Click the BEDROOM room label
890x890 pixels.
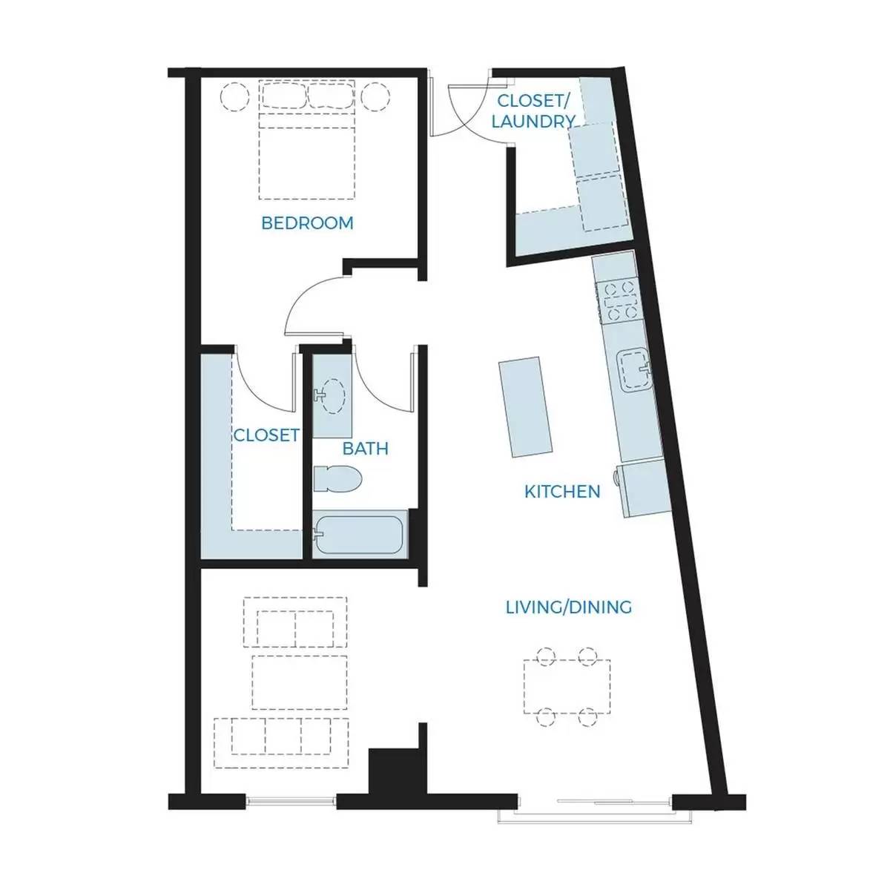pyautogui.click(x=307, y=223)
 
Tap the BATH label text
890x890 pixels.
pyautogui.click(x=366, y=449)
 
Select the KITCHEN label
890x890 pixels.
pyautogui.click(x=562, y=492)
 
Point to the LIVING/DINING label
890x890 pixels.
pyautogui.click(x=569, y=607)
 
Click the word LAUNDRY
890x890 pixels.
pyautogui.click(x=533, y=121)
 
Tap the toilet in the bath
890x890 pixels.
pyautogui.click(x=337, y=478)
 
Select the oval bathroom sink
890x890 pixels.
pyautogui.click(x=332, y=396)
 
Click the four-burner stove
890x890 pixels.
pyautogui.click(x=619, y=302)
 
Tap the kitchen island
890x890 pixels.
pyautogui.click(x=526, y=407)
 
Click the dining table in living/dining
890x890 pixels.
pyautogui.click(x=567, y=687)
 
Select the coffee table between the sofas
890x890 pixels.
pyautogui.click(x=300, y=682)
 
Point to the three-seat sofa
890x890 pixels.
pyautogui.click(x=281, y=743)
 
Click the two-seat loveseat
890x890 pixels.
pyautogui.click(x=295, y=622)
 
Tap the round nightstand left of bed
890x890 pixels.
pyautogui.click(x=234, y=96)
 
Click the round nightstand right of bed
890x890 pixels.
pyautogui.click(x=375, y=96)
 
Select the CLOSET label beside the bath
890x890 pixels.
pyautogui.click(x=266, y=435)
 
